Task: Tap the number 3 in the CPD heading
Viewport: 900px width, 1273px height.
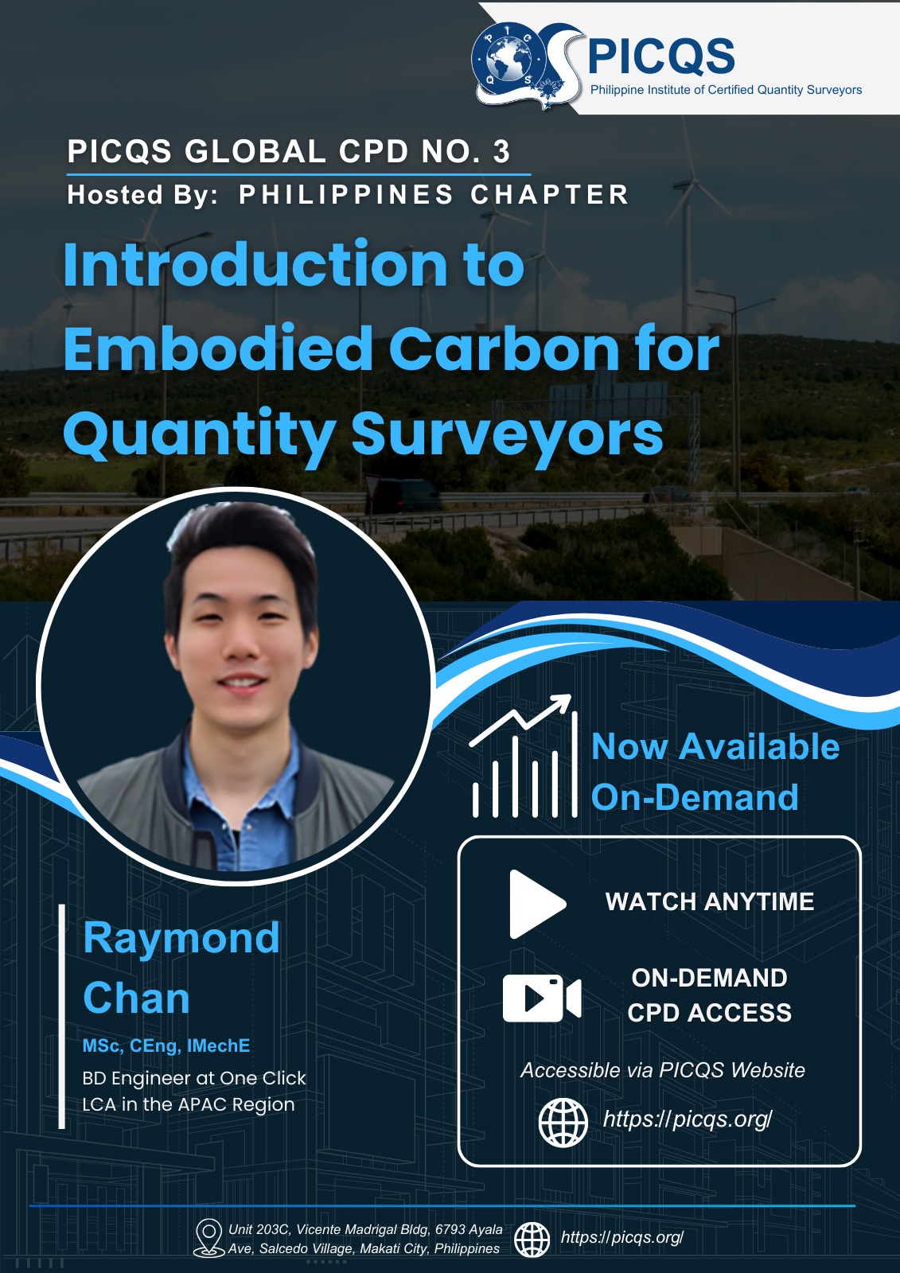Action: (x=501, y=152)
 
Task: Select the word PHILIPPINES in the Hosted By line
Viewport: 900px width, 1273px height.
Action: (x=345, y=194)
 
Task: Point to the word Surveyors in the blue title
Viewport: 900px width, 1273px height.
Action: (x=507, y=434)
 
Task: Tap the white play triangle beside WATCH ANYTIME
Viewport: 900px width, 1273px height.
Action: (x=537, y=904)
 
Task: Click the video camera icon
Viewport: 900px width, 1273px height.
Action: (x=542, y=999)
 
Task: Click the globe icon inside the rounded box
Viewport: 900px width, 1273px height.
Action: (x=563, y=1123)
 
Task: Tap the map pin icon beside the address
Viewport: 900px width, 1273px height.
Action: (x=208, y=1238)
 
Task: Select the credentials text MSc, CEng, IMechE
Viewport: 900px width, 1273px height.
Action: (x=166, y=1046)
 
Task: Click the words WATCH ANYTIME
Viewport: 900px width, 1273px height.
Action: (x=710, y=902)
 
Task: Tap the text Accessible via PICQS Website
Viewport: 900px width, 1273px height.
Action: (x=663, y=1071)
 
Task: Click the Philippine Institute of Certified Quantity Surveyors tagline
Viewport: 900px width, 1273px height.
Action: (x=726, y=90)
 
